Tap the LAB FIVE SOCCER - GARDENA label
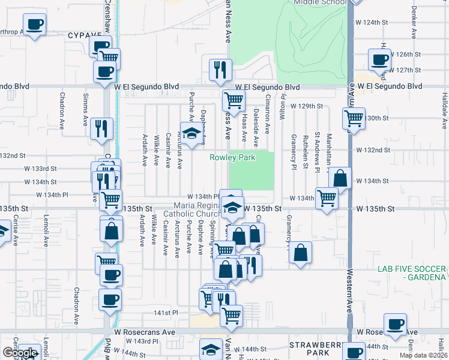[411, 272]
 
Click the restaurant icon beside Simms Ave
[101, 127]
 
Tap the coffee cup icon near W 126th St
[379, 59]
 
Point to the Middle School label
[320, 2]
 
